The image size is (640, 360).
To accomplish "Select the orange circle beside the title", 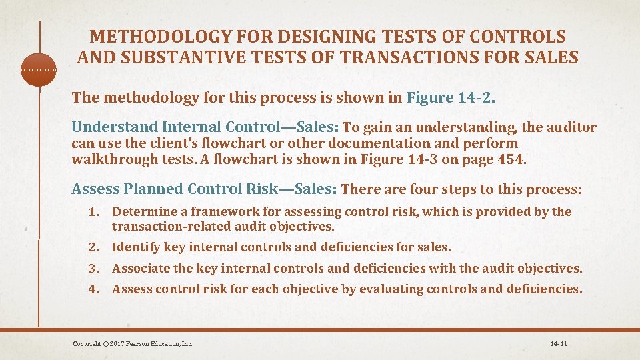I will (x=39, y=69).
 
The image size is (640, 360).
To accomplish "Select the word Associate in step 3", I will (x=141, y=269).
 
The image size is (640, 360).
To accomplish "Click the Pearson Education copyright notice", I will (x=133, y=344).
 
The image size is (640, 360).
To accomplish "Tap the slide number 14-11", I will (x=559, y=344).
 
